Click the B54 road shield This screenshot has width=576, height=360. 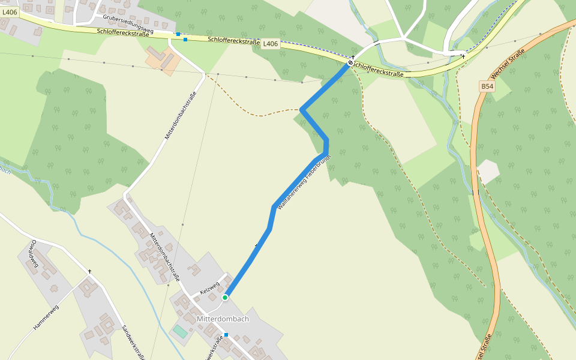coord(487,86)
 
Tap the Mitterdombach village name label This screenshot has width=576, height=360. coord(223,319)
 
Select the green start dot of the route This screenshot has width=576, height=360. coord(225,297)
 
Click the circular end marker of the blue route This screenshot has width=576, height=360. coord(350,62)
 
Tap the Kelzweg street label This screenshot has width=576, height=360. coord(211,287)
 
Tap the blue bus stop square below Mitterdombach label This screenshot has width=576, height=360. coord(226,335)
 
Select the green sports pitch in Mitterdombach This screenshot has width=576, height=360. coord(180,331)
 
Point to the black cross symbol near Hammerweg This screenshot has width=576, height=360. coord(90,272)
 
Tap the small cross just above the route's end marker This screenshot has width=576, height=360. coord(353,56)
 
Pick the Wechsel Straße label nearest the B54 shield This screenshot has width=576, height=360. coord(508,65)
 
